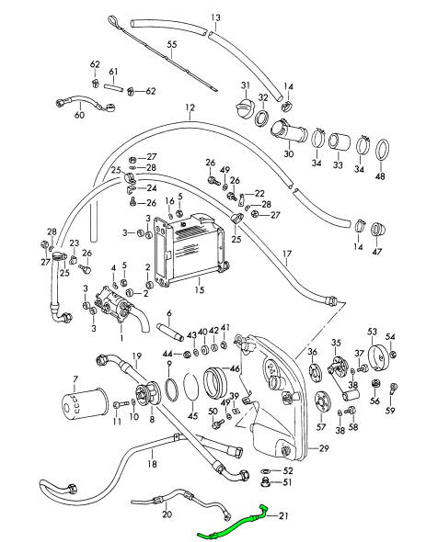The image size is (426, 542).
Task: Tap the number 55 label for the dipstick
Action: click(x=172, y=44)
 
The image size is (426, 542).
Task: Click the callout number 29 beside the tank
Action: click(x=324, y=448)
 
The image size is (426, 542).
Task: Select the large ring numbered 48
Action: click(x=381, y=150)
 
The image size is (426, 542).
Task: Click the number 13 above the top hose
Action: click(x=215, y=17)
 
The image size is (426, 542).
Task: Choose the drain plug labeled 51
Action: click(x=265, y=481)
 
